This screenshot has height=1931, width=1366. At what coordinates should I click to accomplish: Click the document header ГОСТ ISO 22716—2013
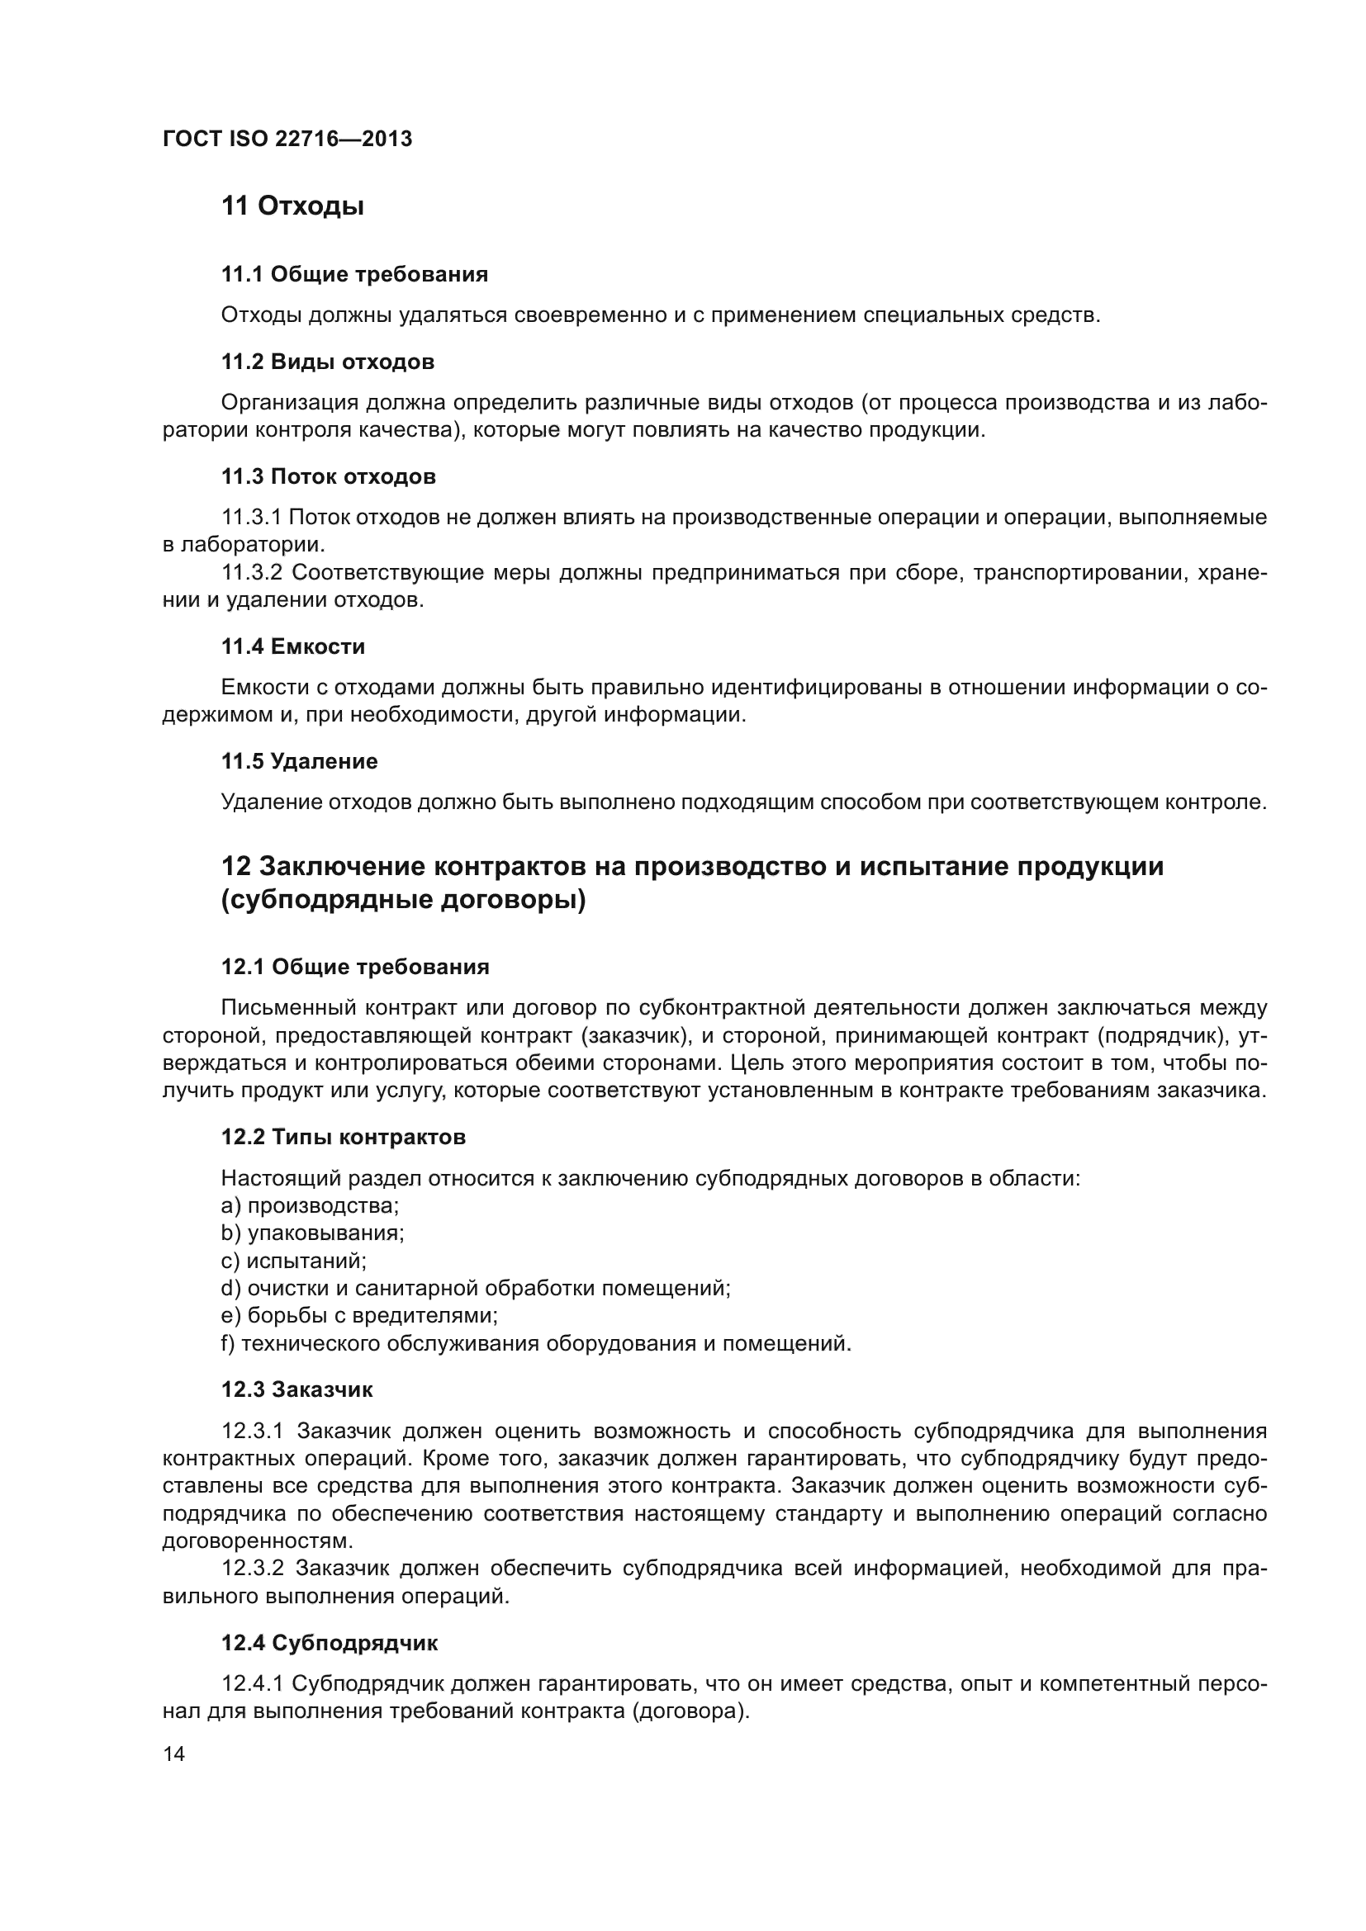tap(287, 139)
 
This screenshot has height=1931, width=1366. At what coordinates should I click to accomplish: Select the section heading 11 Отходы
tap(292, 206)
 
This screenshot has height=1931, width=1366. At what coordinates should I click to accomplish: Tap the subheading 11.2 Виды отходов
tap(327, 362)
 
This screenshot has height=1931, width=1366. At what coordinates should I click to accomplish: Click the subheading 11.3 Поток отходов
tap(328, 477)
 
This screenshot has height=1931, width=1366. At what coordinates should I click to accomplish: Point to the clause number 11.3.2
tap(253, 573)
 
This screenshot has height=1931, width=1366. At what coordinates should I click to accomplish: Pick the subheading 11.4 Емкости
tap(292, 646)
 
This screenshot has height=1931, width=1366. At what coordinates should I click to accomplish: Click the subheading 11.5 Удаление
tap(300, 761)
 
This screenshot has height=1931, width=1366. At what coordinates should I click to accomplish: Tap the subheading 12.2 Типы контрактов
tap(344, 1137)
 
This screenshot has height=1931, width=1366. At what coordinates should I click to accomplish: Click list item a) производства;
tap(310, 1205)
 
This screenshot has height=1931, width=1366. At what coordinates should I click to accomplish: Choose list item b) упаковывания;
tap(312, 1233)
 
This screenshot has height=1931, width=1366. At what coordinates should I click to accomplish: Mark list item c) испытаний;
tap(293, 1261)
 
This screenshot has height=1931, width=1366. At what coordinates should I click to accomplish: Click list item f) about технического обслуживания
tap(536, 1343)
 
